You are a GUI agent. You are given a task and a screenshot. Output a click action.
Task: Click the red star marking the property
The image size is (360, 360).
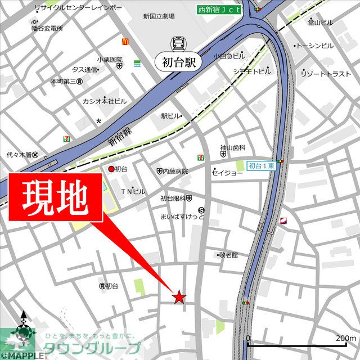179,297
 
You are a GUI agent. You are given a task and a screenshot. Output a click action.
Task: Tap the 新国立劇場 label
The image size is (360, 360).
159,16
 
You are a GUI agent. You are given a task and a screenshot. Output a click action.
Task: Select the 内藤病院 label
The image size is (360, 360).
175,170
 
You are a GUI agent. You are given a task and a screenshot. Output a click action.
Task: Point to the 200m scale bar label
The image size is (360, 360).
345,337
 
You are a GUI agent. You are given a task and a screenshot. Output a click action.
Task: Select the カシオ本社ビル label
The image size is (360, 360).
105,101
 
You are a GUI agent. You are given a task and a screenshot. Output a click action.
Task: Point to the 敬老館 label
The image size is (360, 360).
228,254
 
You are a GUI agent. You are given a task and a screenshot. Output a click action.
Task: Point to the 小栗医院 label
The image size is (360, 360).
109,59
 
